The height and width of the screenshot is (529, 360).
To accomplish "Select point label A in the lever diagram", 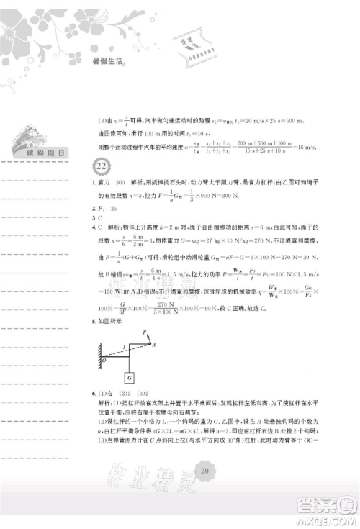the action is pos(154,345).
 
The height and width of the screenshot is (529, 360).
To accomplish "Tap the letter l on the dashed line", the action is pos(122,348).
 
